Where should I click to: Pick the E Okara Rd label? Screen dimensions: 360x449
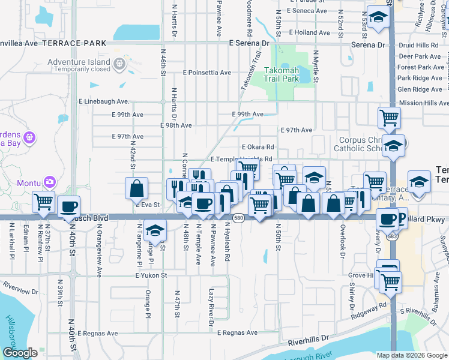[x=258, y=147]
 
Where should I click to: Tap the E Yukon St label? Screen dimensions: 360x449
[x=150, y=275]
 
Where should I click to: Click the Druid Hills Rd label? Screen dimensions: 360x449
[x=419, y=45]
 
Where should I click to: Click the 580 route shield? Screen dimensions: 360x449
[x=239, y=217]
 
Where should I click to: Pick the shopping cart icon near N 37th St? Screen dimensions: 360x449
[x=44, y=202]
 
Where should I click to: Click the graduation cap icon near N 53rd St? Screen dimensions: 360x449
[x=378, y=19]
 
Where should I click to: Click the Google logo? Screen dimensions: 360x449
[x=20, y=353]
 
